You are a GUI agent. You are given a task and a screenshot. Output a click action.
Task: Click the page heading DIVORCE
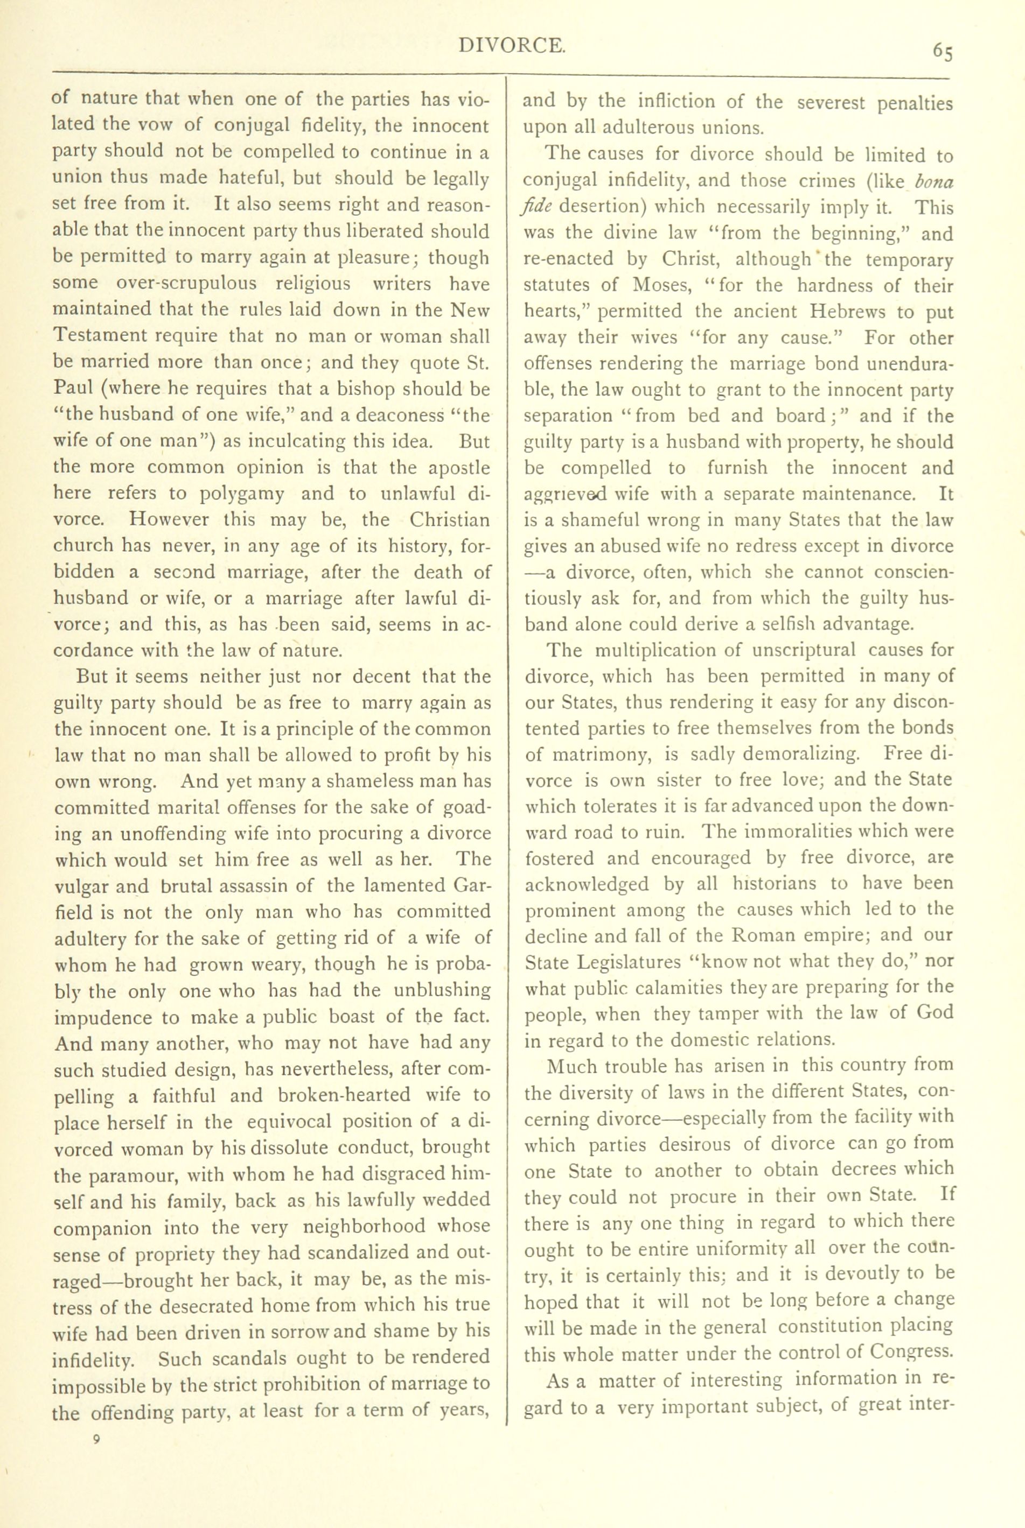coord(512,45)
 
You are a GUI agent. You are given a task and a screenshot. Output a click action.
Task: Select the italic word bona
coord(935,181)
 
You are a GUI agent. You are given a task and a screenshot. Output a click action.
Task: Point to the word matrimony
coord(601,755)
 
